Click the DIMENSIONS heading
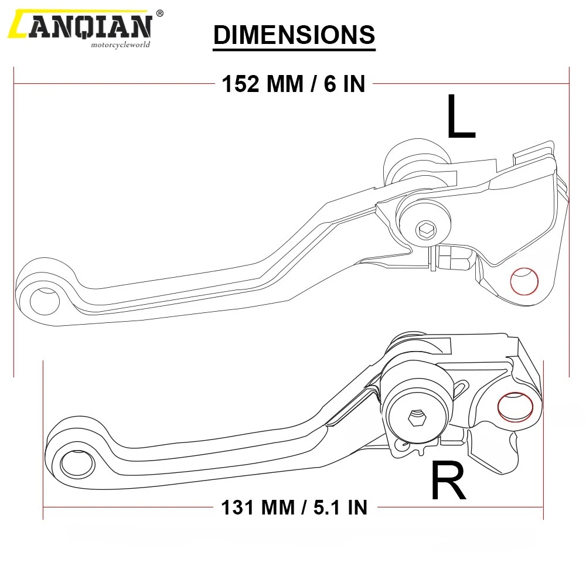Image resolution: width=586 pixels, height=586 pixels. coord(294,35)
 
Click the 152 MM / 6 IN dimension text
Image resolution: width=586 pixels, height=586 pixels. coord(294,84)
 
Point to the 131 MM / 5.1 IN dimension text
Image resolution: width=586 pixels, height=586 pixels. coord(294,507)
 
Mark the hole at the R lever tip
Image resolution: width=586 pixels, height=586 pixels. coord(75,463)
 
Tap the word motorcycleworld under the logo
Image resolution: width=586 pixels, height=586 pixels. coord(120,44)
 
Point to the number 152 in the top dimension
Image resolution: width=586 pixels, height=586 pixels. coord(240,84)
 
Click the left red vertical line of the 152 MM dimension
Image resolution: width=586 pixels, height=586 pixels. coord(13,223)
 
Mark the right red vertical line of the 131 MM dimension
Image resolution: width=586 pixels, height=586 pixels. coord(544,439)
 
